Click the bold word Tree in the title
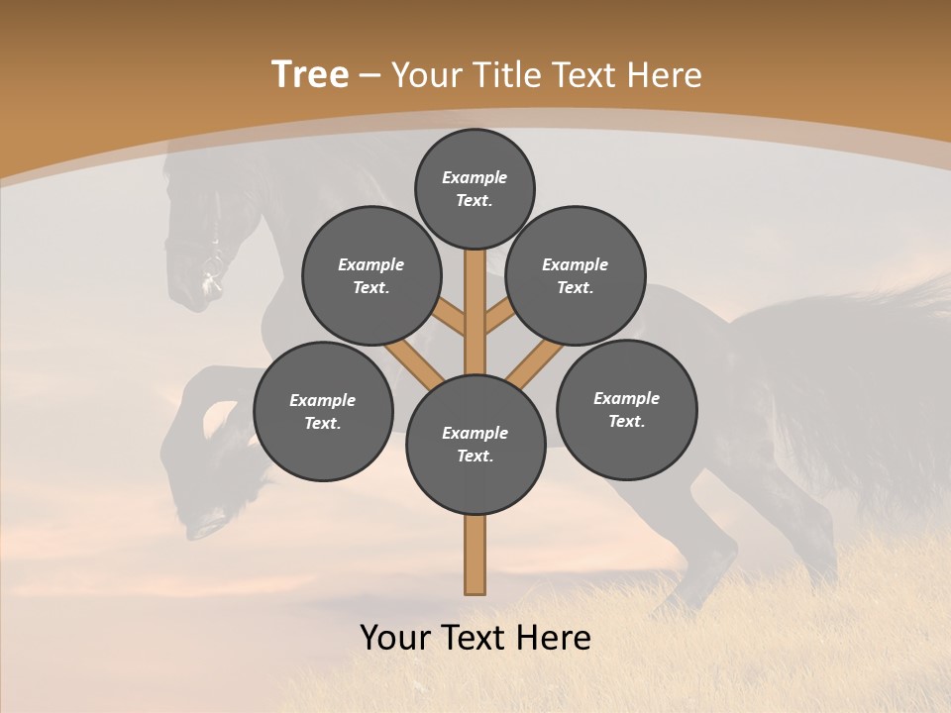[310, 74]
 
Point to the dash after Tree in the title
[370, 75]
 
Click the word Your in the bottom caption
[396, 637]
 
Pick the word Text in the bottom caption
[477, 637]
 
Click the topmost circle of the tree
[475, 188]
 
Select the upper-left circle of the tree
[371, 275]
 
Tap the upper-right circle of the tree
[576, 275]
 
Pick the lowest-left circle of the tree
[323, 411]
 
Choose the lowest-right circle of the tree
[626, 409]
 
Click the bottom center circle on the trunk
[475, 444]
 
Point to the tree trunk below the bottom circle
[475, 555]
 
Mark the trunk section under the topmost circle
[475, 297]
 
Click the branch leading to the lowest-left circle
[414, 362]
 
